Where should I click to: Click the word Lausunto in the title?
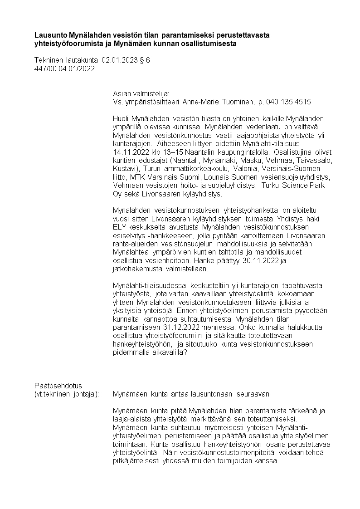click(50, 35)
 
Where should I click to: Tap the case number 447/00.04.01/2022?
click(64, 69)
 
